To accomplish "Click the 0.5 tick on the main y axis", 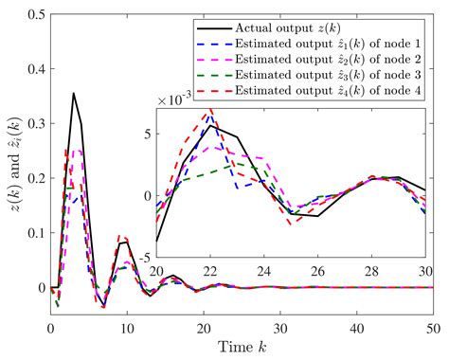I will (35, 13).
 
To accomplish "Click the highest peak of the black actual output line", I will (74, 93).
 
